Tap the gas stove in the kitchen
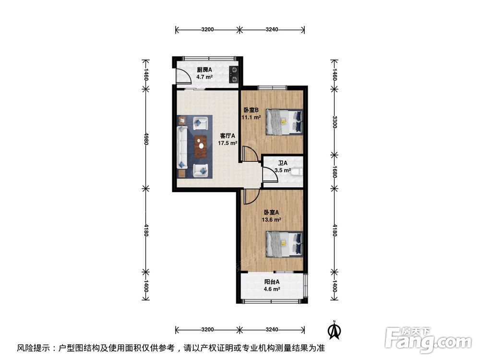point(234,73)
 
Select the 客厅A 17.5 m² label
point(228,139)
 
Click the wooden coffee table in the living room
point(200,146)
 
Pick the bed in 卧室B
point(285,122)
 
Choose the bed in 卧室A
point(285,244)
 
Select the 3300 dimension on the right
point(335,122)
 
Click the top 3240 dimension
point(272,30)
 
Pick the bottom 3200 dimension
point(207,330)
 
